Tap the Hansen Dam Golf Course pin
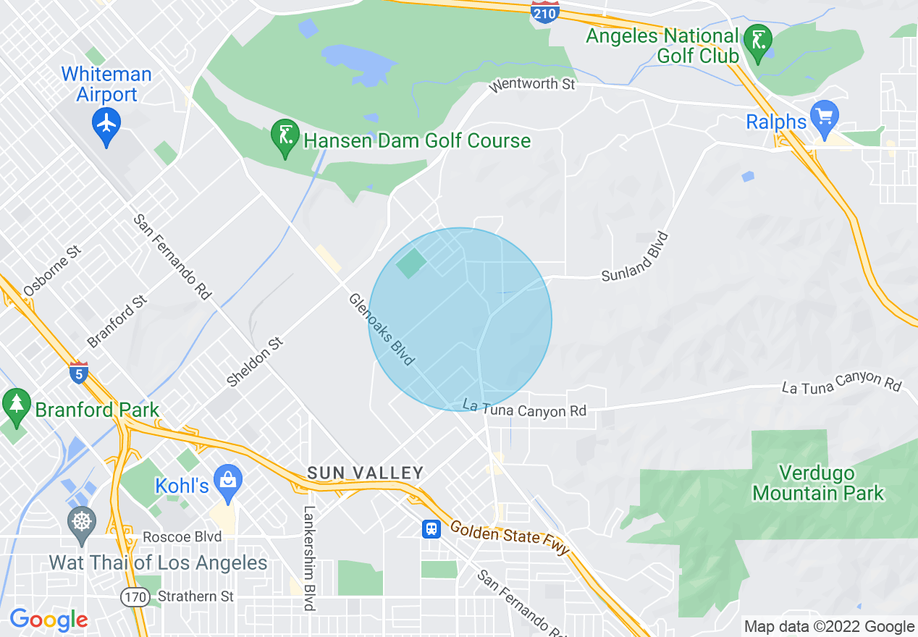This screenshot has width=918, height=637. tap(284, 137)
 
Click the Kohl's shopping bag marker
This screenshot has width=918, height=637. tap(228, 481)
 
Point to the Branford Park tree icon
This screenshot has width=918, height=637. tap(16, 405)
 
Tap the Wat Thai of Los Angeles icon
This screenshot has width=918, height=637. tap(81, 523)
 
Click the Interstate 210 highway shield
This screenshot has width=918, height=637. tap(545, 12)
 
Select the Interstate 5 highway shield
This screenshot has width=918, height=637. tap(79, 373)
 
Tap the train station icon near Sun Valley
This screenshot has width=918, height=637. tap(431, 529)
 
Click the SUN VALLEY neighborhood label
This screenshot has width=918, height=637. tap(365, 473)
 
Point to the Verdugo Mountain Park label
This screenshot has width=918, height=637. tap(818, 484)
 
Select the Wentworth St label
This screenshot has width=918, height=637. tap(532, 85)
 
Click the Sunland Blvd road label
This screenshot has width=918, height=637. tap(635, 257)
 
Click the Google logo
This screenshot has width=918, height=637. tap(49, 620)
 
